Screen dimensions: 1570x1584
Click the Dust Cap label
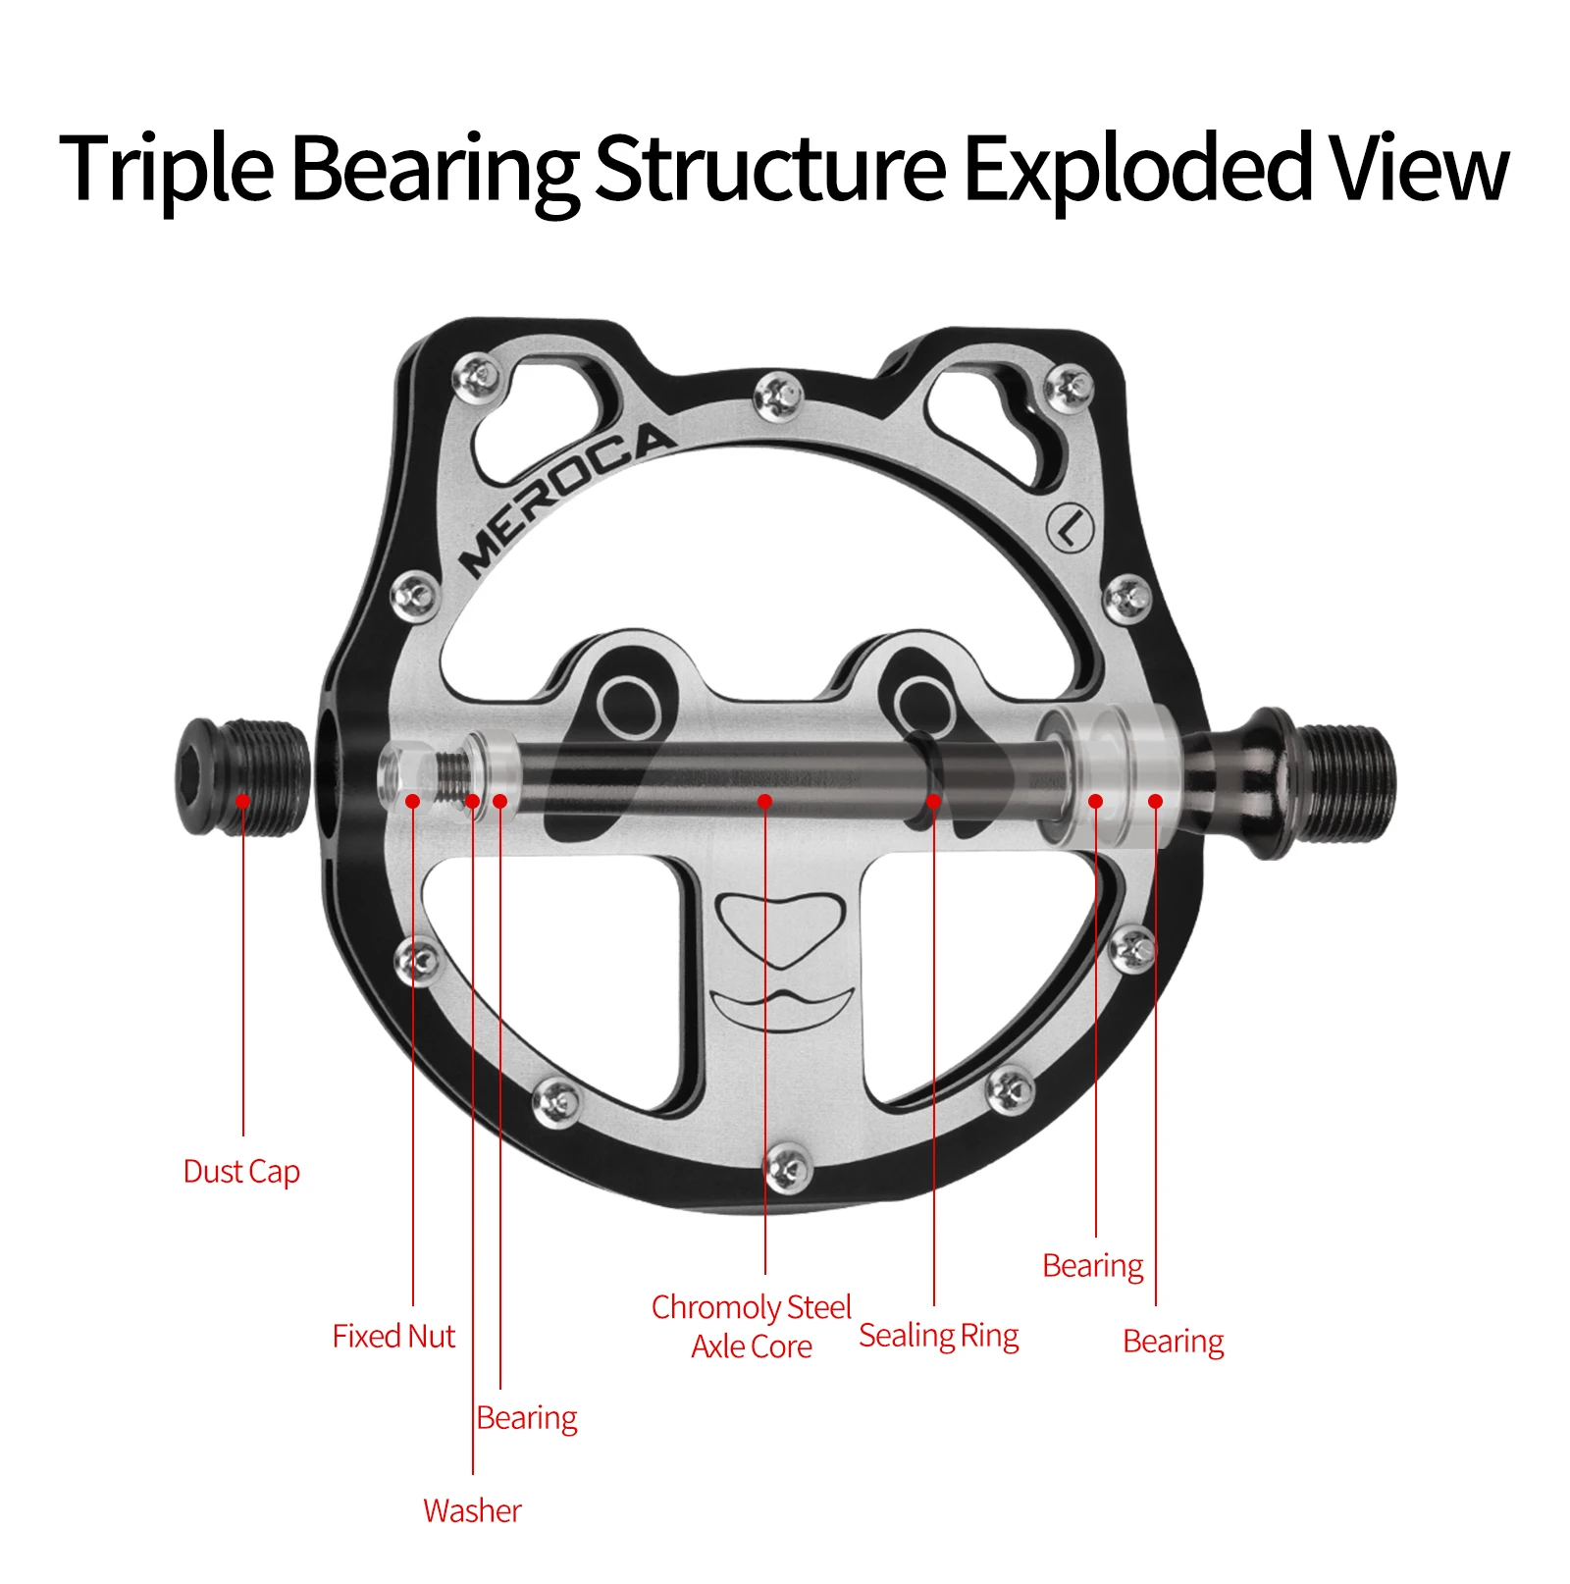click(x=241, y=1172)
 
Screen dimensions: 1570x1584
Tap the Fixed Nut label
click(x=393, y=1336)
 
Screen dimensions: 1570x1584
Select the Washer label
click(x=472, y=1510)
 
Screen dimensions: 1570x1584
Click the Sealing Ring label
click(x=939, y=1336)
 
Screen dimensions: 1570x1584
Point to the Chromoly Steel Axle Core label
click(x=752, y=1327)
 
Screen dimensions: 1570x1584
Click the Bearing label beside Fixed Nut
click(x=527, y=1419)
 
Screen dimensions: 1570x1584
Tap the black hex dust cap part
click(x=243, y=776)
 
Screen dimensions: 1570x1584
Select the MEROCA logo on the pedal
click(x=567, y=499)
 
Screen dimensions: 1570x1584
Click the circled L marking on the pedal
click(x=1071, y=526)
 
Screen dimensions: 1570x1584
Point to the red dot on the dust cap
click(x=243, y=802)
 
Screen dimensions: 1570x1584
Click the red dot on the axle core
click(x=765, y=802)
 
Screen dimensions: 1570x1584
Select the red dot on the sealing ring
click(x=934, y=802)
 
